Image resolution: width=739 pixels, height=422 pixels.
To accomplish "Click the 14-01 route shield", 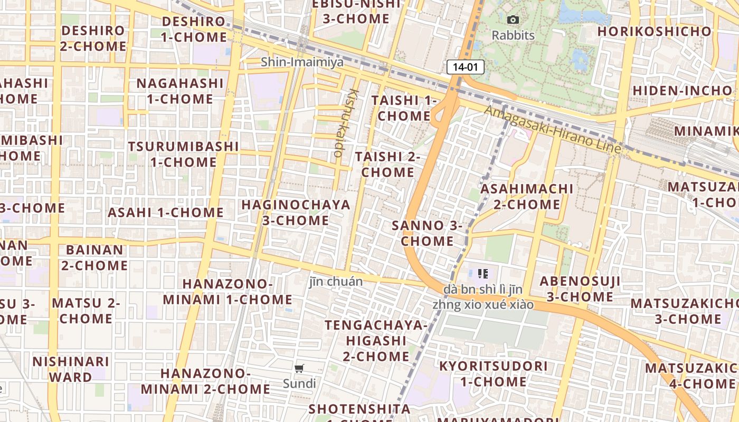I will (x=465, y=67).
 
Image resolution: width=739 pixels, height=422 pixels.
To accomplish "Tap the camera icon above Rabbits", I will (x=513, y=20).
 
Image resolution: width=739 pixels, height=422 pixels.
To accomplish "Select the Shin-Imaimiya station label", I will (x=302, y=62).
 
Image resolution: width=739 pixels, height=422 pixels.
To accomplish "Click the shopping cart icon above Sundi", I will (x=299, y=368).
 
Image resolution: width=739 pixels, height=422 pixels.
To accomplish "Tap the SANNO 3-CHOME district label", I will (x=427, y=233).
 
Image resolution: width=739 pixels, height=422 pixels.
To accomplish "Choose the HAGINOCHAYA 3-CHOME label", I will (x=296, y=212).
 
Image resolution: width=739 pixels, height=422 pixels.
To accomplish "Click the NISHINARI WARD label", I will (x=71, y=369).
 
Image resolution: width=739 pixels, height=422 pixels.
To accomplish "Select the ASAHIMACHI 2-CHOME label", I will (x=527, y=196).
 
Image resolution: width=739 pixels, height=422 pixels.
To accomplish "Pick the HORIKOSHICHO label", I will (x=655, y=32).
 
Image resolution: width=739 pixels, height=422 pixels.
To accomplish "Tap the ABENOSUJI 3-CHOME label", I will (x=580, y=289).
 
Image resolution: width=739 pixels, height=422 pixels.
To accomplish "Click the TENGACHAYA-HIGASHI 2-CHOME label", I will (x=376, y=340).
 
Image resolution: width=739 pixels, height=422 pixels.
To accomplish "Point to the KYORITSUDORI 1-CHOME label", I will (x=493, y=373).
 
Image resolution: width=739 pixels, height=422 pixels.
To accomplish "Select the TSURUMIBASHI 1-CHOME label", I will (x=183, y=154).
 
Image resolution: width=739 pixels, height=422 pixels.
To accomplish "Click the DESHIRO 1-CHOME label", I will (x=194, y=30).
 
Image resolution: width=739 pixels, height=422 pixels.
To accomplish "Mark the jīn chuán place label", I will (x=336, y=282).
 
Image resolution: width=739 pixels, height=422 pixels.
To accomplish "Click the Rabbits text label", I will (x=513, y=36).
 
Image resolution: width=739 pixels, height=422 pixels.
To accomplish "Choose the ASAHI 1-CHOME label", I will (x=166, y=213).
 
